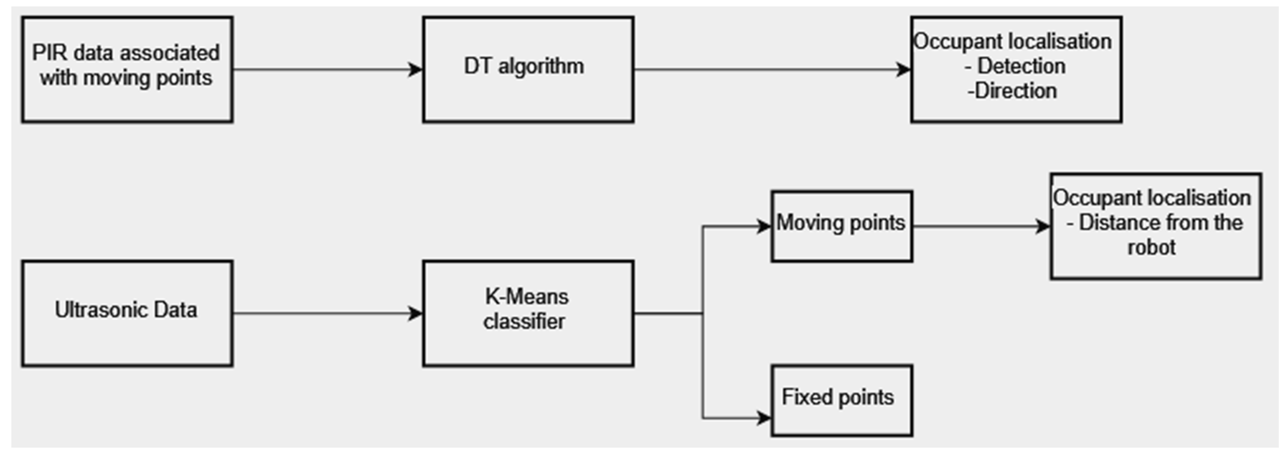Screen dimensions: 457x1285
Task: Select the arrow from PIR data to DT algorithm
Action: click(324, 69)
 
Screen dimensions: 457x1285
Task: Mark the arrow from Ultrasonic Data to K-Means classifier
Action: click(324, 314)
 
